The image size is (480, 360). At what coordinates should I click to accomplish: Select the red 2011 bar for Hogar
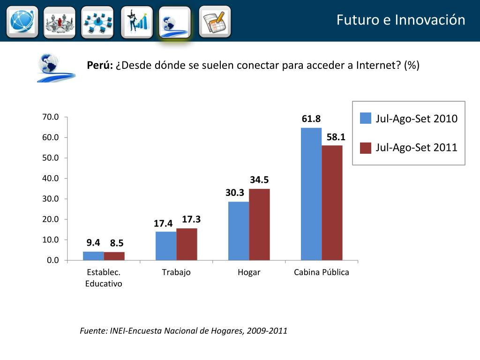tap(259, 224)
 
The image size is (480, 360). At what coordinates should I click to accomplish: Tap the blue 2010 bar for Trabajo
tap(166, 246)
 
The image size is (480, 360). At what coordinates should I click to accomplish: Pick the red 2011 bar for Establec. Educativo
tap(114, 256)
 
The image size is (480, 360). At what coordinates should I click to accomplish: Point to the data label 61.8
tap(311, 119)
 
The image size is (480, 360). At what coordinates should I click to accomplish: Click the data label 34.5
tap(259, 180)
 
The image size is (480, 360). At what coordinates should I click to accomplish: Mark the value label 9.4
tap(93, 242)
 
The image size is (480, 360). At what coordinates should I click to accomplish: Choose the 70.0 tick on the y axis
tap(51, 117)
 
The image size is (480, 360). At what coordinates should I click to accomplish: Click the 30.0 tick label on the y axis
tap(51, 199)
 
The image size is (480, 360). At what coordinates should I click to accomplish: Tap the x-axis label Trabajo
tap(176, 272)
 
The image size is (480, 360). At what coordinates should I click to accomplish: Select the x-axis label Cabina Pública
tap(321, 272)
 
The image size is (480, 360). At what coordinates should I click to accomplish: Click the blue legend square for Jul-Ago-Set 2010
tap(366, 119)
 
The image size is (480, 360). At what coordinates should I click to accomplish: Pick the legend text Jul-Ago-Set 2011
tap(416, 148)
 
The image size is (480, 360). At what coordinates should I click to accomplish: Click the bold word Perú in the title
tap(100, 65)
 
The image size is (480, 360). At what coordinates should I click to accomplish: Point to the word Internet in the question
tap(379, 65)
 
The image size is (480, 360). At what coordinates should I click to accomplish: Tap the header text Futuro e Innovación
tap(401, 20)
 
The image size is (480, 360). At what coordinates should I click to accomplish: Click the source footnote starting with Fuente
tap(183, 331)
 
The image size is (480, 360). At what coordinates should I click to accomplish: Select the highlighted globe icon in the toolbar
tap(174, 22)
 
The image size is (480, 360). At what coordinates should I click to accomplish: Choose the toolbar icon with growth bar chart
tap(136, 22)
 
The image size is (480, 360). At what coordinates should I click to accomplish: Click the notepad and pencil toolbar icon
tap(215, 21)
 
